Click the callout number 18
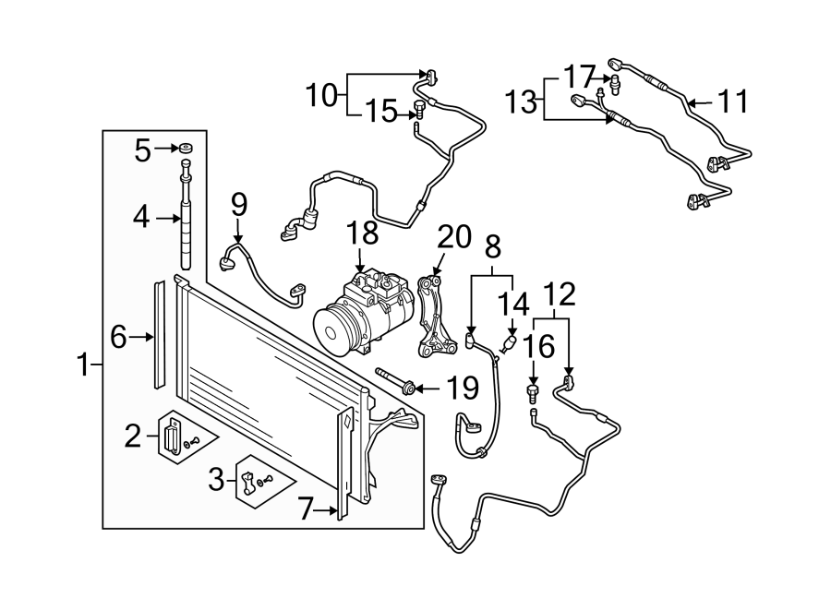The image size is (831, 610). [x=364, y=232]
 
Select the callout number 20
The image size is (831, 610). [x=453, y=237]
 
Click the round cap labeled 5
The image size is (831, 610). [x=186, y=148]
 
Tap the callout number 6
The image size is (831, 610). [x=117, y=338]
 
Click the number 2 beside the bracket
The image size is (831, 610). [x=134, y=436]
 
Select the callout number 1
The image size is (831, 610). [x=84, y=366]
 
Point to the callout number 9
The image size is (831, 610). [x=239, y=201]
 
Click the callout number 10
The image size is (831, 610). [x=323, y=93]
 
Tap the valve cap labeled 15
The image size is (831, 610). [x=418, y=112]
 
